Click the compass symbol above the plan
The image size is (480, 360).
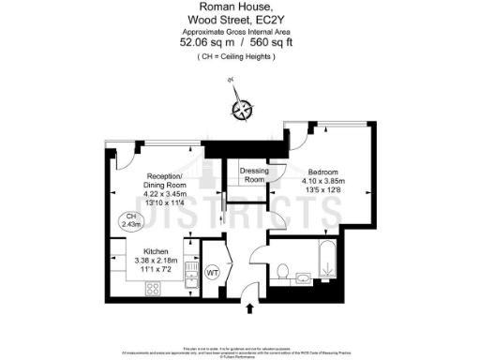click(x=242, y=110)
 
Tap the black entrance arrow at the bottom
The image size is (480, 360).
click(x=250, y=308)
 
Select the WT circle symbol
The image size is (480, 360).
click(x=212, y=272)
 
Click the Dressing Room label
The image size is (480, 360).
click(x=254, y=175)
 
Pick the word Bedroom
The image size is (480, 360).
click(x=325, y=171)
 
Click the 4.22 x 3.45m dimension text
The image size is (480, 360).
click(x=150, y=194)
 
